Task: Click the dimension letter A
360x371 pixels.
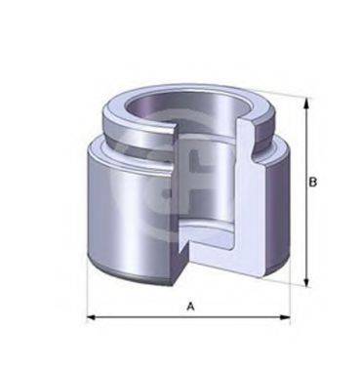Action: coord(190,307)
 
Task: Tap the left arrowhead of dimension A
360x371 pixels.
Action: coord(91,318)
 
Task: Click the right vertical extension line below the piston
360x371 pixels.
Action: coord(290,298)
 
